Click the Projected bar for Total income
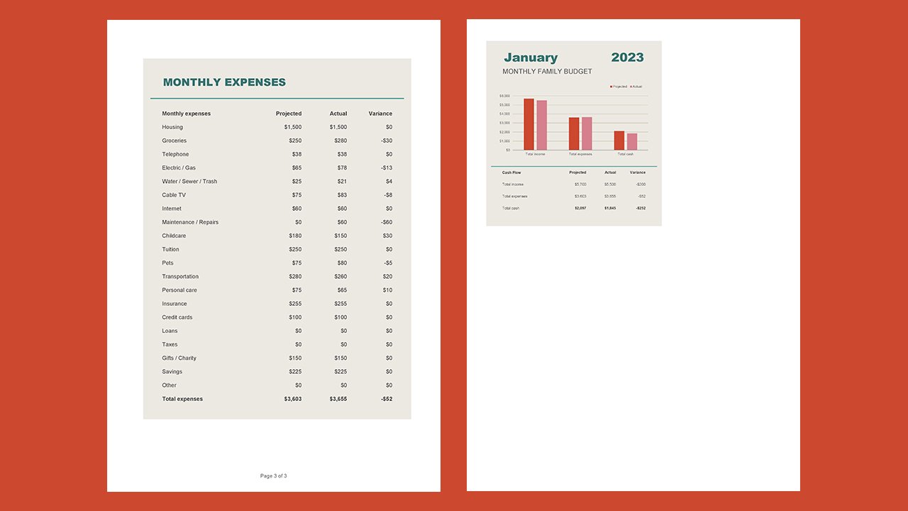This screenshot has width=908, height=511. pos(528,124)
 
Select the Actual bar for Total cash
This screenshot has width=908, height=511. pos(632,141)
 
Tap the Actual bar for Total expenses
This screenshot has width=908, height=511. pos(587,133)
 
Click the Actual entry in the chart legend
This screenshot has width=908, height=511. pos(636,87)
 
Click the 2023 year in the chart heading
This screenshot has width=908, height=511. pos(627,57)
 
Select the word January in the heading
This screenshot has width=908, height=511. pos(531,57)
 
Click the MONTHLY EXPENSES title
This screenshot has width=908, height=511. pos(224,82)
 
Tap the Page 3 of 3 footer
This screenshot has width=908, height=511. pos(274,476)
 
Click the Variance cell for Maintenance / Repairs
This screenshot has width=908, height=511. pos(387,222)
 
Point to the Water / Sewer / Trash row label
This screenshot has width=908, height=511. pos(189,182)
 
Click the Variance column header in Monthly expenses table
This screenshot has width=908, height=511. pos(380,114)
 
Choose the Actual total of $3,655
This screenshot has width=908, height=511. pos(338,399)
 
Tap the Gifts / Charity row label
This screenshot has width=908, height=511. pos(179,358)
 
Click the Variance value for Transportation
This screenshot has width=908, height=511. pos(387,277)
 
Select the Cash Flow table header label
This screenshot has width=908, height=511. pos(511,172)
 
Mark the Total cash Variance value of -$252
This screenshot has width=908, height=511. pos(641,208)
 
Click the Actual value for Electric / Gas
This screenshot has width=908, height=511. pos(341,168)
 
